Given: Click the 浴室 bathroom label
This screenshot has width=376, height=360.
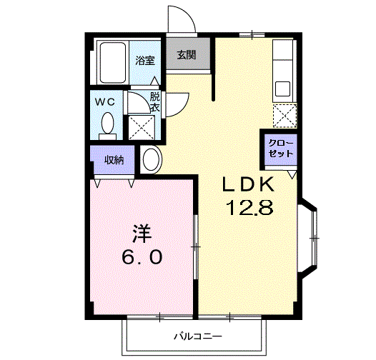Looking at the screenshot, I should coord(145,60).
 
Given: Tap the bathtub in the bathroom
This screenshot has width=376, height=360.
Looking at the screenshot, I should coord(112,62).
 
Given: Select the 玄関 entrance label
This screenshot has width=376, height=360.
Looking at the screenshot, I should coord(187,54).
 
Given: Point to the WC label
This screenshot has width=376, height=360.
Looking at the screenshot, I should coord(106,101).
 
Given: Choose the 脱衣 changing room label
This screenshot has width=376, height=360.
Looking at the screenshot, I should coord(154,101).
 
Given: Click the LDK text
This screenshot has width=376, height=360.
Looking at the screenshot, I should coord(247,185).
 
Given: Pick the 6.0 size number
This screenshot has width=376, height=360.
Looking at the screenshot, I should coord(140,256).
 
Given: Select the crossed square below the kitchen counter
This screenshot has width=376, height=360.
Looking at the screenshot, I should coord(285,115).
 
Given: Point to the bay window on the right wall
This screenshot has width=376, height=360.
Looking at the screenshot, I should coord(312,235).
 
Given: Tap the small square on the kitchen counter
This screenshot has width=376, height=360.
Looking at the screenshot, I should coord(282,89).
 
